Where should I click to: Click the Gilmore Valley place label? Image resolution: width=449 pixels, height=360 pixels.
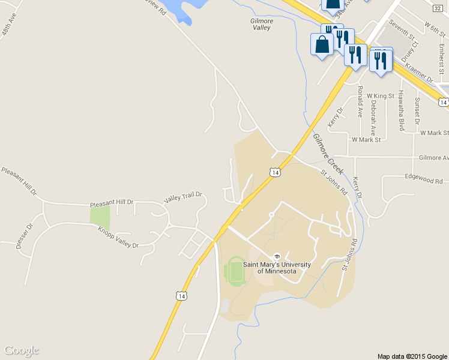pos(261,24)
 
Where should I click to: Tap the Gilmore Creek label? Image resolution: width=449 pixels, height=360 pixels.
pos(328,150)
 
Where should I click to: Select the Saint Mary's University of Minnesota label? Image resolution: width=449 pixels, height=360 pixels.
pos(277,268)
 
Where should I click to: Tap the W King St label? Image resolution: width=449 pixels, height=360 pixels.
pos(379,95)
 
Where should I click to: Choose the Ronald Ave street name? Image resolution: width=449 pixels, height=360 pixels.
pos(360,101)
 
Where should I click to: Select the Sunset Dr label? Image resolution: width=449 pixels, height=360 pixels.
pos(417,107)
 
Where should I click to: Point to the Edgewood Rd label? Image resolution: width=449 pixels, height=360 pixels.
pos(423,179)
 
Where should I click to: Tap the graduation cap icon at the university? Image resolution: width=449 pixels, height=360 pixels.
pos(277,256)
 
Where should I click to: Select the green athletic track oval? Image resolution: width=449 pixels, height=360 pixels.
pos(235,272)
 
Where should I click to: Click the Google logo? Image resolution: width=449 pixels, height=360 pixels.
pos(21,350)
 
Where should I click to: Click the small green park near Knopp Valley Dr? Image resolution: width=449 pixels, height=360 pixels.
pos(100,215)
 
